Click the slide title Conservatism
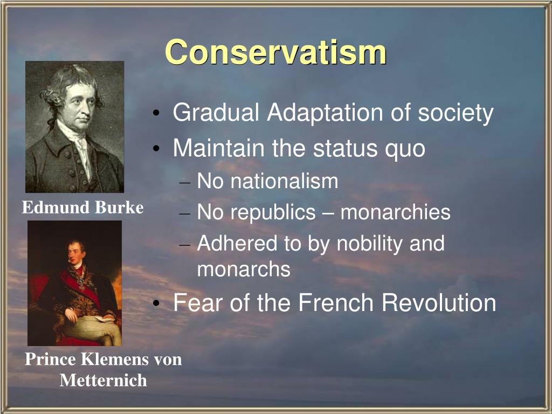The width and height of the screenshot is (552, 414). pos(275,53)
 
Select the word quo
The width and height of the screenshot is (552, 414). pos(405,148)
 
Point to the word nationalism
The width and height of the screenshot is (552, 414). pos(284,181)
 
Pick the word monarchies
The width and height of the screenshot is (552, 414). pos(395,212)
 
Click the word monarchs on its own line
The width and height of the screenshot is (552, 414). pos(244,269)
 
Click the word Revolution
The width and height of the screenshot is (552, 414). pos(439,303)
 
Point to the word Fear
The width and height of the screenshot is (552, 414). pos(196,303)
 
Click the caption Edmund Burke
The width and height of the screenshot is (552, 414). pos(82,208)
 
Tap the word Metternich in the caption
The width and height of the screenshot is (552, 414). pos(103,381)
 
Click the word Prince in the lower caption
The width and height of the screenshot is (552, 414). pos(51,360)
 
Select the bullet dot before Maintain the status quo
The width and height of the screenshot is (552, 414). pos(156,149)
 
